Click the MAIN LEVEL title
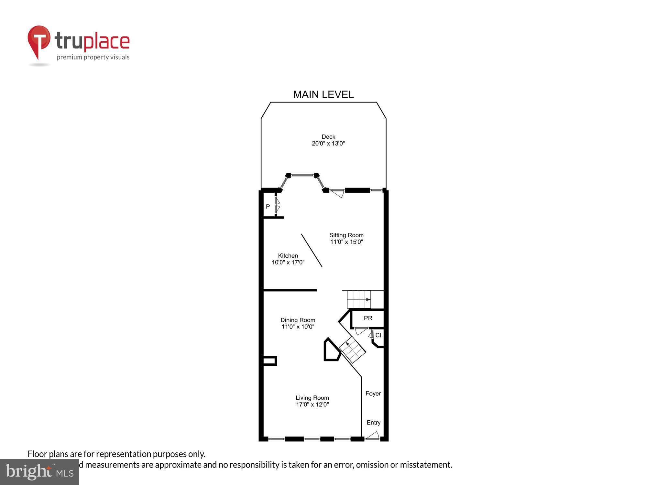click(323, 94)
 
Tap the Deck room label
click(328, 137)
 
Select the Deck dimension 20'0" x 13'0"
click(328, 144)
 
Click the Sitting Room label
click(346, 235)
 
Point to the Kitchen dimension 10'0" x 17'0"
click(288, 262)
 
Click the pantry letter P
click(268, 207)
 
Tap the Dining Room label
click(298, 320)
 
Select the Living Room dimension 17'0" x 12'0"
click(312, 404)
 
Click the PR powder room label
click(368, 318)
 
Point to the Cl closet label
click(378, 335)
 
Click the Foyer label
click(373, 393)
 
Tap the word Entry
click(373, 423)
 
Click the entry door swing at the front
click(373, 436)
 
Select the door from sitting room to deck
click(337, 193)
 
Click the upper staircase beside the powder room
click(359, 299)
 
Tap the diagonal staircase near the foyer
click(352, 350)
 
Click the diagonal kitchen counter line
click(312, 251)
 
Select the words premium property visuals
click(93, 58)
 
